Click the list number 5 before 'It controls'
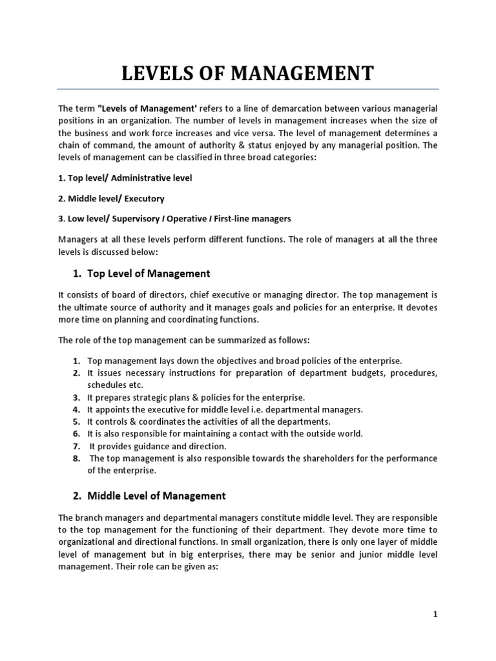click(76, 422)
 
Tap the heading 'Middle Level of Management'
click(156, 496)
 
